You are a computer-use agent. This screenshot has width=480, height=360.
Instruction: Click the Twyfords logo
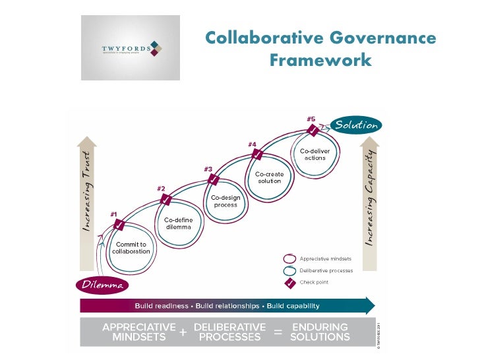[131, 48]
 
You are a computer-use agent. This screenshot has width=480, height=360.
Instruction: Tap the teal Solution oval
[356, 125]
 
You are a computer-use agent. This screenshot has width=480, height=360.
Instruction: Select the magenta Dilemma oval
[101, 285]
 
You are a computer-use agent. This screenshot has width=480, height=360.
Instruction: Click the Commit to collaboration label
[131, 248]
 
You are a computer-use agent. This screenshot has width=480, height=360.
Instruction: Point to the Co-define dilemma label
[178, 223]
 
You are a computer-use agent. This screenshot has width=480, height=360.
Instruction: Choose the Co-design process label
[225, 200]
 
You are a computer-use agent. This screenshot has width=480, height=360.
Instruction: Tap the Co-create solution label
[270, 177]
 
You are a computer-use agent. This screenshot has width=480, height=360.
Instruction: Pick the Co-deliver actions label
[315, 154]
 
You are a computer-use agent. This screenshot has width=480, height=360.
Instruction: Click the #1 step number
[113, 214]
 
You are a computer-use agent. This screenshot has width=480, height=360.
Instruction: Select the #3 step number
[208, 168]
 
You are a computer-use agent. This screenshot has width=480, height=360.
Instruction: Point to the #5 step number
[311, 119]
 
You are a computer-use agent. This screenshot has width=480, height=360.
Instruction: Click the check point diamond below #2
[166, 200]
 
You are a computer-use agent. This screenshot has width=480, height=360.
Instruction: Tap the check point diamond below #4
[258, 155]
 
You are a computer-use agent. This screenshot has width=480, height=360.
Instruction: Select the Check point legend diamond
[289, 282]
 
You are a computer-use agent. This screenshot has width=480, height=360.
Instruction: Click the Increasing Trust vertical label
[86, 192]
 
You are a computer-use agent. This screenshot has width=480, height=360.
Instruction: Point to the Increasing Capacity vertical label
[369, 198]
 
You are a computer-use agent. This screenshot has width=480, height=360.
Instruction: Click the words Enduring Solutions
[320, 332]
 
